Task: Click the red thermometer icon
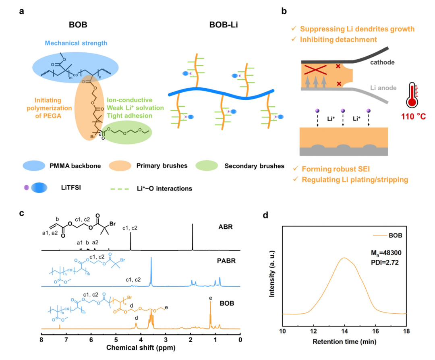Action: click(x=412, y=95)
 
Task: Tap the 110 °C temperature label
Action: click(x=413, y=116)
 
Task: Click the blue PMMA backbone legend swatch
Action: click(x=34, y=166)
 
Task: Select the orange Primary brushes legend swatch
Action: click(x=120, y=166)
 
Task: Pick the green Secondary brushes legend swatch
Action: click(x=207, y=166)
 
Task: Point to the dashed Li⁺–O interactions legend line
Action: click(x=120, y=189)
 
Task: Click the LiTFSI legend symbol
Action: click(x=36, y=188)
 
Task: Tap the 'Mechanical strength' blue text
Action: click(x=76, y=43)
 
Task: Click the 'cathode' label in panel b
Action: click(x=382, y=62)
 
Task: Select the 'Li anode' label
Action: click(x=383, y=88)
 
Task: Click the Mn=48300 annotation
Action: click(x=386, y=253)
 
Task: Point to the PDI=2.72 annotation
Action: click(x=385, y=263)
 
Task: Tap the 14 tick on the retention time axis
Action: click(x=344, y=331)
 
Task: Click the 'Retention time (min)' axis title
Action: click(x=344, y=342)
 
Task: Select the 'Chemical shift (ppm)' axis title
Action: click(x=141, y=348)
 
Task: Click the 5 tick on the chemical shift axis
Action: click(x=116, y=340)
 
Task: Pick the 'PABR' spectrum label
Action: click(x=226, y=261)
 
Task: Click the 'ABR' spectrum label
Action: click(x=226, y=227)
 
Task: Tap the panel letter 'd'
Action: click(x=265, y=215)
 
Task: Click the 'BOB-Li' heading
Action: click(x=223, y=25)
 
